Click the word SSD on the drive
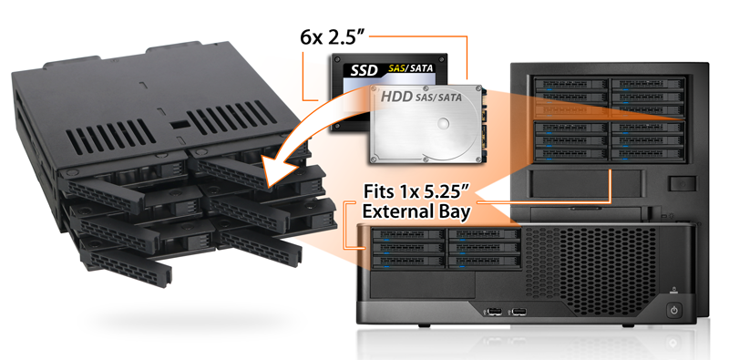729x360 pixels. [364, 71]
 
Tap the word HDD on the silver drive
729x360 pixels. [396, 97]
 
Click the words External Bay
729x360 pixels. [416, 211]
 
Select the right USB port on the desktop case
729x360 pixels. [518, 310]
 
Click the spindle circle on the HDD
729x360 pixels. [444, 123]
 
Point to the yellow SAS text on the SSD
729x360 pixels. [396, 69]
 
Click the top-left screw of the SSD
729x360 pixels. [337, 59]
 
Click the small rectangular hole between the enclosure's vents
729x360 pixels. [179, 125]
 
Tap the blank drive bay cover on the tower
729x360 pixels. [586, 183]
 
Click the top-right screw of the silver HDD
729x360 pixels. [477, 87]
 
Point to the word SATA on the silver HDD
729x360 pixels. [447, 98]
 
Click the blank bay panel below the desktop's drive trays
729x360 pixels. [423, 286]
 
